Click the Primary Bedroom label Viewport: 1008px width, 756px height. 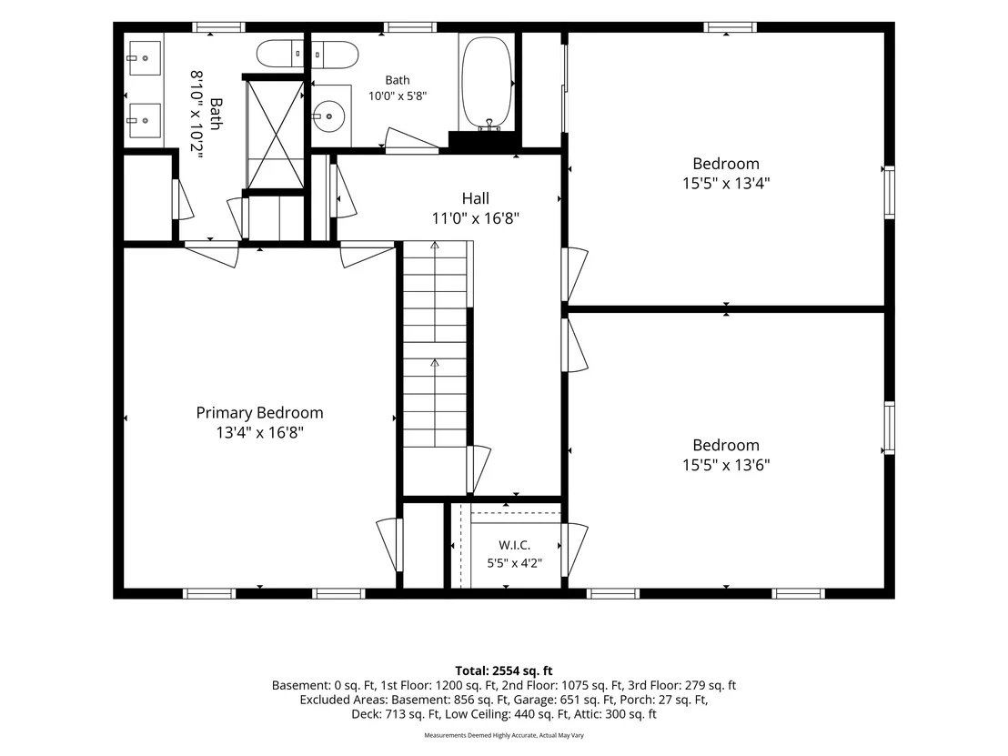tap(259, 413)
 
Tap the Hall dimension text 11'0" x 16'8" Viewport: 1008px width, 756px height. tap(475, 218)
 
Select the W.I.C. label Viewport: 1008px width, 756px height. tap(514, 545)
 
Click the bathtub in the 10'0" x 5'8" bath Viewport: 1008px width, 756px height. tap(488, 84)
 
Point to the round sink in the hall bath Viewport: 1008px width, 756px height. tap(329, 116)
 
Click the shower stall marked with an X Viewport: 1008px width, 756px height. tap(276, 135)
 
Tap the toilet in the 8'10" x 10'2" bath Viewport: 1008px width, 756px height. tap(280, 54)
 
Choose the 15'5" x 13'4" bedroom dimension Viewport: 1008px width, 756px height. tap(726, 183)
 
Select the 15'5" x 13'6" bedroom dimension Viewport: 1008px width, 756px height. tap(726, 465)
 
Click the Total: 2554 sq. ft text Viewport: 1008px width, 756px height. tap(504, 671)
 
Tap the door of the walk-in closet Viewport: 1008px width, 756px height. tap(574, 549)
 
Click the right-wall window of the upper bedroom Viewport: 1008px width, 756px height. tap(890, 192)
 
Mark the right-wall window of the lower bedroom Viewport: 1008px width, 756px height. tap(890, 428)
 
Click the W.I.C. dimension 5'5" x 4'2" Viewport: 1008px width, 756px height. tap(514, 564)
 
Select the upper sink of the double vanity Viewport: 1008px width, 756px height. tap(144, 58)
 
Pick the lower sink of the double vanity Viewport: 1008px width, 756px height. tap(144, 120)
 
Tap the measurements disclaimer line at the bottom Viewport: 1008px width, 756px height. tap(504, 735)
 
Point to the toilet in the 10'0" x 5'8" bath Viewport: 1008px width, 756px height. tap(335, 55)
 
